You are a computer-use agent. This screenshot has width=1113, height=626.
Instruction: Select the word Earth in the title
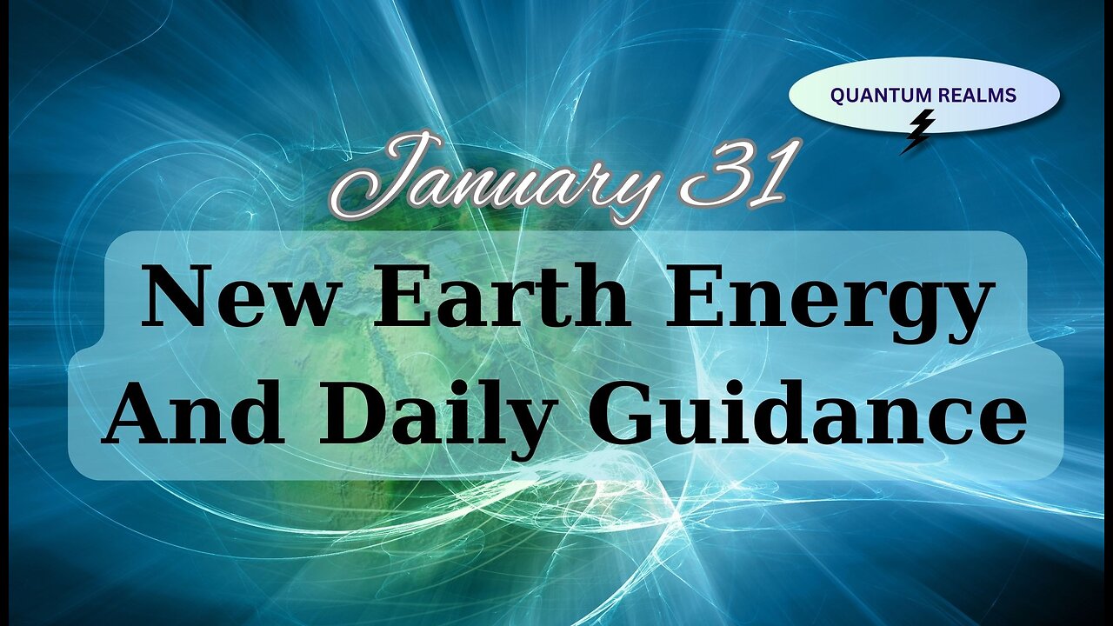tap(500, 296)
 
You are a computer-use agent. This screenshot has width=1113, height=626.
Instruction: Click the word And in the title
tap(192, 414)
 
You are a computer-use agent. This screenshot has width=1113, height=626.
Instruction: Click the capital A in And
tap(139, 414)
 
